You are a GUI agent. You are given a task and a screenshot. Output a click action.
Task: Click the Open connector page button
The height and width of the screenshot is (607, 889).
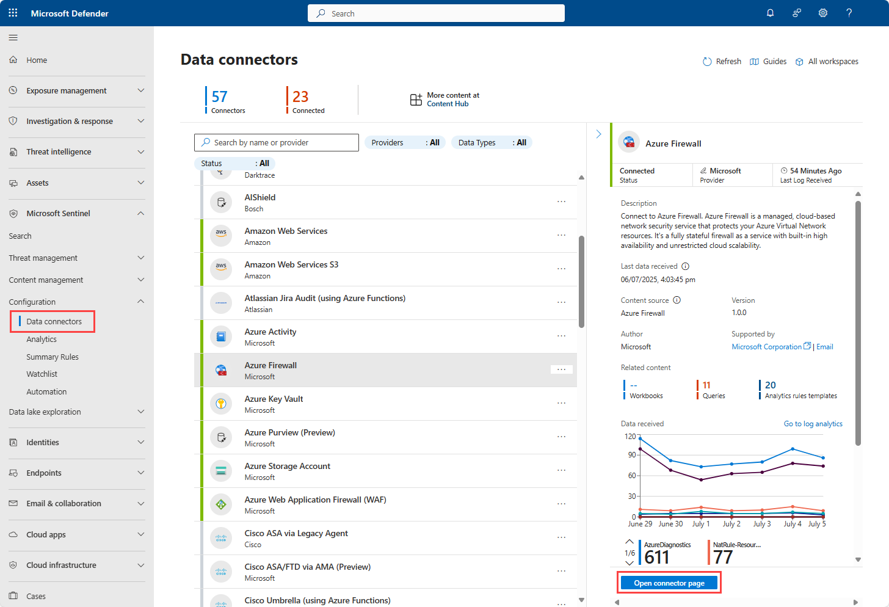point(669,583)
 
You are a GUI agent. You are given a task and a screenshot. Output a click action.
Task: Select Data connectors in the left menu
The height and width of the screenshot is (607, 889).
point(54,321)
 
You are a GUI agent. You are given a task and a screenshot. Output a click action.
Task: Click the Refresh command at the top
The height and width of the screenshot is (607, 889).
point(722,62)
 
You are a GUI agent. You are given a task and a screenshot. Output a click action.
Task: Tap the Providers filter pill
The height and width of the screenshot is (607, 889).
point(405,142)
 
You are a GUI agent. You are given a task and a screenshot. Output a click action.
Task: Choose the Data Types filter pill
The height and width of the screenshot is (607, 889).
point(492,142)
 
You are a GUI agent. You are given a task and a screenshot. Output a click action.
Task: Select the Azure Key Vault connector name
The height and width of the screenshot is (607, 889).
point(274,399)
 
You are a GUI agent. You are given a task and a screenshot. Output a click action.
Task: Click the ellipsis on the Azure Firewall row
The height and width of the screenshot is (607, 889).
point(561,369)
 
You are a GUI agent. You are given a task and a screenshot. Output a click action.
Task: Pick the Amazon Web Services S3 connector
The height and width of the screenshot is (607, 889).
point(291,264)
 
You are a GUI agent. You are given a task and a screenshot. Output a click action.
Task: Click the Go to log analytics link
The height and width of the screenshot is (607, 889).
point(813,424)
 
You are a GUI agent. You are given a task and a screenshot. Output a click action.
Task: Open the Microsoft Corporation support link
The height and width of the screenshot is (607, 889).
point(766,347)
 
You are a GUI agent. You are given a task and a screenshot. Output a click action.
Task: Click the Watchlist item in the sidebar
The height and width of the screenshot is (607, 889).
point(42,374)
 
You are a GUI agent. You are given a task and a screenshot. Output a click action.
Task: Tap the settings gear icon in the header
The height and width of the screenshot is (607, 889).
point(822,13)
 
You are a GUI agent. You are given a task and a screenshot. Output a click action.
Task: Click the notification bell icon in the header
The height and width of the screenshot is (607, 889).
point(770,13)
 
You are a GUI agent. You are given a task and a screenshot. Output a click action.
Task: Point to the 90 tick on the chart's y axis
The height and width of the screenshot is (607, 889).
point(631,455)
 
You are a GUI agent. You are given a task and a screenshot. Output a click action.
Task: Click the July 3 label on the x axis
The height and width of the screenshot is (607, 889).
point(761,524)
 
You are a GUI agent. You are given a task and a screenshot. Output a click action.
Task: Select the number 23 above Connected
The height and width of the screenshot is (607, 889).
point(300,96)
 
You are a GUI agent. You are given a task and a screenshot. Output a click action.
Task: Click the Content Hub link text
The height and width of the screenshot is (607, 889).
point(448,104)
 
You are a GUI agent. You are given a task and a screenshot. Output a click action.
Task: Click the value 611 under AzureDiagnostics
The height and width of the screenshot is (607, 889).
point(656,557)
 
